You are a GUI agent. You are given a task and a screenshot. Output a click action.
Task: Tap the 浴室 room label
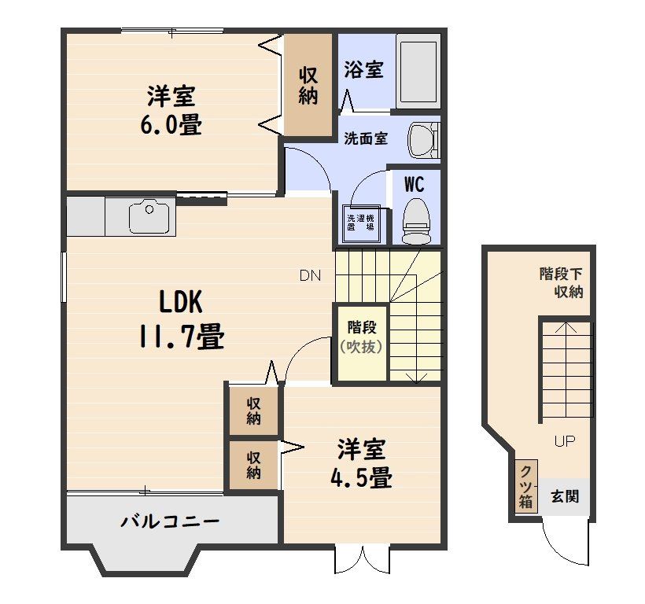point(363,69)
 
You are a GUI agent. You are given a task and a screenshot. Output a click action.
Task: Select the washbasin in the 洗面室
point(424,140)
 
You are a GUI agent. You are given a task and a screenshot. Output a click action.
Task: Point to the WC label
point(414,185)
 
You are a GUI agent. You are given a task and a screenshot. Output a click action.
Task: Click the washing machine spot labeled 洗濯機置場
point(362,223)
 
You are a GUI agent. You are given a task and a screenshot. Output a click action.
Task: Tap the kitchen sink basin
point(149,215)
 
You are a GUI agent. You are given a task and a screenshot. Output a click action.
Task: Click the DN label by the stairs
point(310,275)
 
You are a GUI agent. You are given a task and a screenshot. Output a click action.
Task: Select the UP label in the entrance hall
point(565,441)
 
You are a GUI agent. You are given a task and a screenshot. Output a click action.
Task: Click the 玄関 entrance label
point(565,496)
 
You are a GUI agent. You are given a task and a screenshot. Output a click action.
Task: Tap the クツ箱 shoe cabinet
point(526,486)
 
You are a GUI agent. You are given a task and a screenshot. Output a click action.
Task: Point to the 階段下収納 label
point(561,283)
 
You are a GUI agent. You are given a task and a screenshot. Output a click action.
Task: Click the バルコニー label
point(170,521)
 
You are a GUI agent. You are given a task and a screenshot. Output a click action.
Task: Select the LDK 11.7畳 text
point(181,319)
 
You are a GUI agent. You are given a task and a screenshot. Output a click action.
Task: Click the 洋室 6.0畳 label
point(171,110)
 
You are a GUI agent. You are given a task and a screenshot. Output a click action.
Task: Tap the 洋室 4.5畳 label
point(361,463)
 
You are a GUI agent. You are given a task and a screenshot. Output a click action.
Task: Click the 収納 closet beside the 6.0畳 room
point(308,85)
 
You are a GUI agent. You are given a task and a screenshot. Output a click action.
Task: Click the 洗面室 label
point(366,138)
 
